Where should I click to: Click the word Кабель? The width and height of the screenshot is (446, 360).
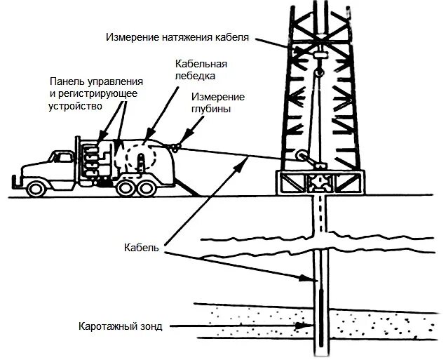point(144,247)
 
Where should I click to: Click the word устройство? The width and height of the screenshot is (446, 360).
point(76,106)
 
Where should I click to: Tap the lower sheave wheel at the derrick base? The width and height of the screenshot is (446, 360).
point(303,156)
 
